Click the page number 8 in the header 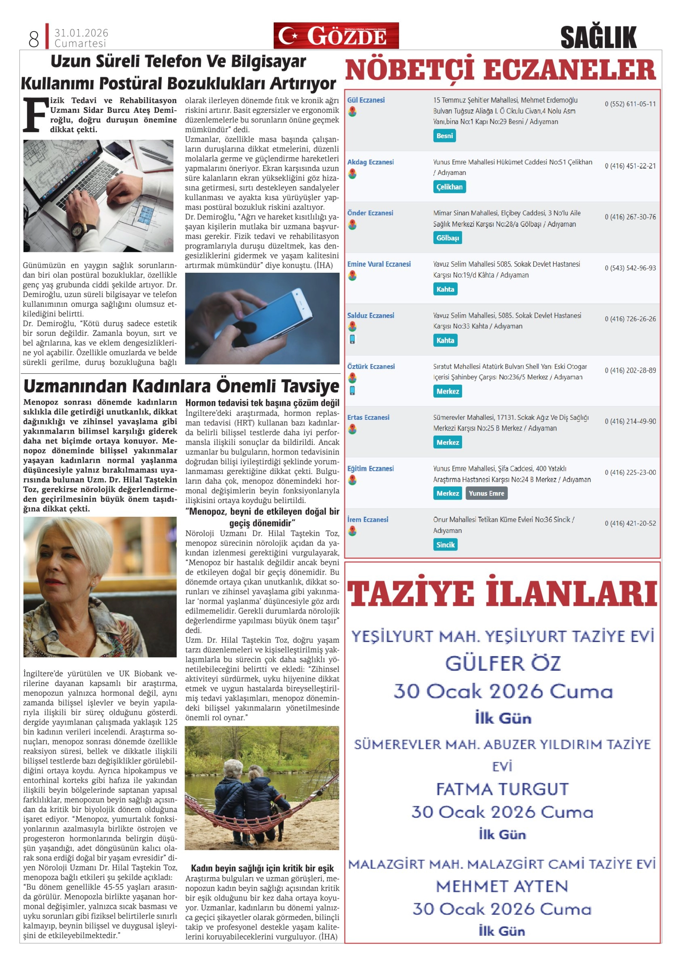(34, 39)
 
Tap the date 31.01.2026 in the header (81, 33)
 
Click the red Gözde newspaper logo (336, 36)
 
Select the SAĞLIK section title (598, 37)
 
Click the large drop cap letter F (35, 115)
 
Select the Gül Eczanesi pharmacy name (366, 100)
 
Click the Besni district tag (444, 136)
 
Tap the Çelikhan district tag (449, 187)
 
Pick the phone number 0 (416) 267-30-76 (630, 217)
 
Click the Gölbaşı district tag (447, 238)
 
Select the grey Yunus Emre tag (486, 494)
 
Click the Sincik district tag (445, 545)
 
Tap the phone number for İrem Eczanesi (630, 523)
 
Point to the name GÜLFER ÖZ (502, 664)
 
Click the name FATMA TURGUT (502, 789)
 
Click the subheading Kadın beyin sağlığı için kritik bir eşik (262, 868)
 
